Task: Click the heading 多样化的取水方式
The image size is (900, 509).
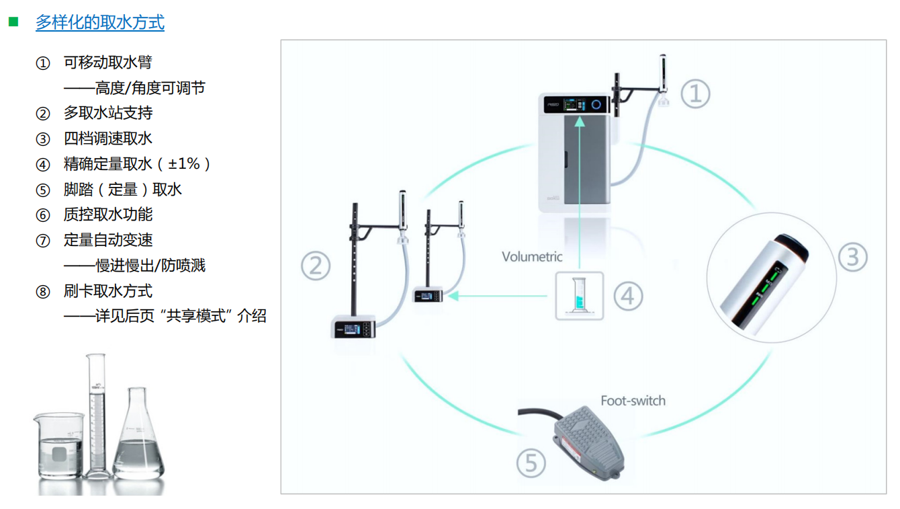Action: pyautogui.click(x=100, y=23)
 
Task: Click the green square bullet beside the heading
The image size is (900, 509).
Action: pyautogui.click(x=13, y=22)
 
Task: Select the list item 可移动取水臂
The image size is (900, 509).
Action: pyautogui.click(x=107, y=63)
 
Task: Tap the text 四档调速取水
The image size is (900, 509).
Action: pyautogui.click(x=107, y=139)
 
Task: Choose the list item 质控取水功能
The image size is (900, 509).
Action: pyautogui.click(x=107, y=214)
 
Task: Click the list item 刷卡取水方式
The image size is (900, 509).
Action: pyautogui.click(x=107, y=291)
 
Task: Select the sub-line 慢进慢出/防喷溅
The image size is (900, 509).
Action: pyautogui.click(x=150, y=266)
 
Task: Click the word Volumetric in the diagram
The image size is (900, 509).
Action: pyautogui.click(x=532, y=256)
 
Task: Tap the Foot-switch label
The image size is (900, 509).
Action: pyautogui.click(x=633, y=401)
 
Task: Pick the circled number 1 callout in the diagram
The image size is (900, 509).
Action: pyautogui.click(x=695, y=93)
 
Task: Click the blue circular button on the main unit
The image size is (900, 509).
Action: pyautogui.click(x=596, y=104)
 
